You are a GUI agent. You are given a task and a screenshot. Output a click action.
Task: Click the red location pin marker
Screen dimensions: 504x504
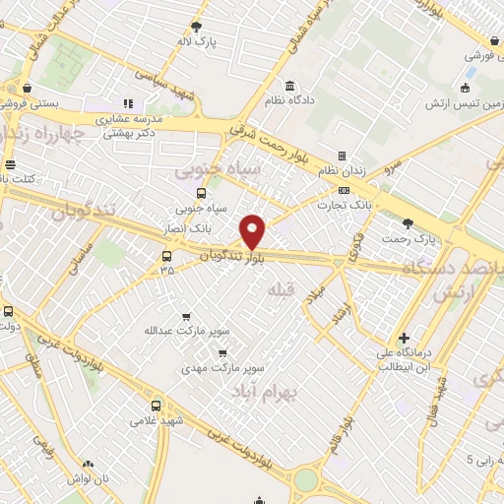coord(253,231)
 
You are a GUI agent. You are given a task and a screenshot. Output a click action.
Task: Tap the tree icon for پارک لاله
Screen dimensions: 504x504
coord(197,27)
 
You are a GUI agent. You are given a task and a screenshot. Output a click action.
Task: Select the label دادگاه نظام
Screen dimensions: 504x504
coord(289,100)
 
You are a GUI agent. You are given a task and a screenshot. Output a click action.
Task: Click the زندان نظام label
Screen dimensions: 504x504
coord(342,171)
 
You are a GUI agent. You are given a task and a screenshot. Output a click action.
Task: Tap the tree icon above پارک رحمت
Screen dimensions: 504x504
coord(409,224)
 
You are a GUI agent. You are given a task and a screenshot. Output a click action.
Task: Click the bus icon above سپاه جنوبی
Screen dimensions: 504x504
coord(201,193)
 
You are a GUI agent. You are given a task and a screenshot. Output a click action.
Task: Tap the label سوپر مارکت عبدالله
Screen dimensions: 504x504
coord(184,330)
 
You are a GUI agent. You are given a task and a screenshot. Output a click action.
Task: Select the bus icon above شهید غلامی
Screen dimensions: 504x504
coord(156,406)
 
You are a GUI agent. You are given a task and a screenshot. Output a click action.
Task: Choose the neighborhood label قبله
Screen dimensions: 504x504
coord(280,289)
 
